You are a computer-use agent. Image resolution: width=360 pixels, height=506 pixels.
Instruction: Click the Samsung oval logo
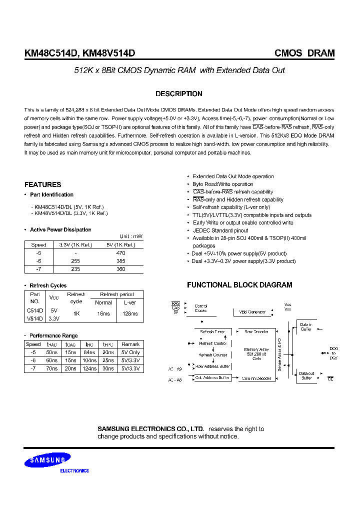pyautogui.click(x=49, y=459)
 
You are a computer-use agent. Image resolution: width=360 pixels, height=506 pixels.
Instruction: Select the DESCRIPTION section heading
pyautogui.click(x=179, y=93)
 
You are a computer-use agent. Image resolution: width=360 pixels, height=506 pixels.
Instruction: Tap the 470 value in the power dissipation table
pyautogui.click(x=120, y=253)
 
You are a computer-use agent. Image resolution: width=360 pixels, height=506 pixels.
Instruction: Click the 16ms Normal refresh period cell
pyautogui.click(x=103, y=313)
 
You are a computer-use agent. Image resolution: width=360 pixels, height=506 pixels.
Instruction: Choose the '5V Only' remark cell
pyautogui.click(x=130, y=352)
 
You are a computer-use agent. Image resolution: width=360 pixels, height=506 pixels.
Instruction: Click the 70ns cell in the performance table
pyautogui.click(x=51, y=368)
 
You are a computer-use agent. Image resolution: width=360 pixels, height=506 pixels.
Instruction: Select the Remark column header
pyautogui.click(x=130, y=344)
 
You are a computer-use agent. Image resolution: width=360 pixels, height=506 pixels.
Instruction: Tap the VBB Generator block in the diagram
pyautogui.click(x=250, y=312)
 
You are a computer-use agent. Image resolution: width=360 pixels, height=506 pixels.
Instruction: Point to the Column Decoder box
pyautogui.click(x=257, y=378)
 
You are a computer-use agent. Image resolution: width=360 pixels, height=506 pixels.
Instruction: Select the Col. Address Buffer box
pyautogui.click(x=212, y=378)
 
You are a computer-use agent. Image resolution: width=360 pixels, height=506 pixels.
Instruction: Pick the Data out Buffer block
pyautogui.click(x=306, y=376)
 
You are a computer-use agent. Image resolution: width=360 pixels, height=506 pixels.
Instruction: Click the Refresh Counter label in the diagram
pyautogui.click(x=213, y=355)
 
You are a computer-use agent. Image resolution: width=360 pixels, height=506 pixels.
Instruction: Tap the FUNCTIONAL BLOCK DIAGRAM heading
pyautogui.click(x=239, y=285)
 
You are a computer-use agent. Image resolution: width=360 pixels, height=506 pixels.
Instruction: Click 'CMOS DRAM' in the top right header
pyautogui.click(x=304, y=53)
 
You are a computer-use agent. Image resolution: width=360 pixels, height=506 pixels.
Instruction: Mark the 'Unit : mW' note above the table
pyautogui.click(x=131, y=236)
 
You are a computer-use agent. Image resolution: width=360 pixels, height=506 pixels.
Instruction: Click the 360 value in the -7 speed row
pyautogui.click(x=120, y=268)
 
